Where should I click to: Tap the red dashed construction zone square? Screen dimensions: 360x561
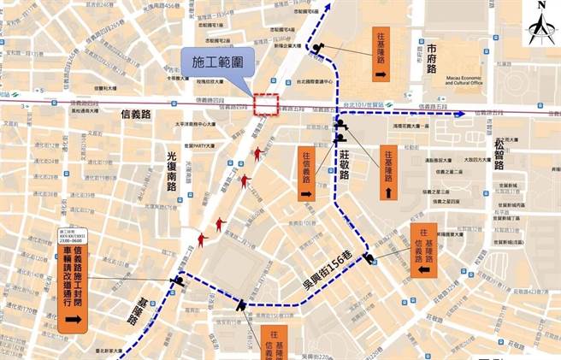[x=268, y=103]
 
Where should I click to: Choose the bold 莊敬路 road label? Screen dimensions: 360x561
[x=345, y=162]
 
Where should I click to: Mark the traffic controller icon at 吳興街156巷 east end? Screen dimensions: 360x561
[x=369, y=259]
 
